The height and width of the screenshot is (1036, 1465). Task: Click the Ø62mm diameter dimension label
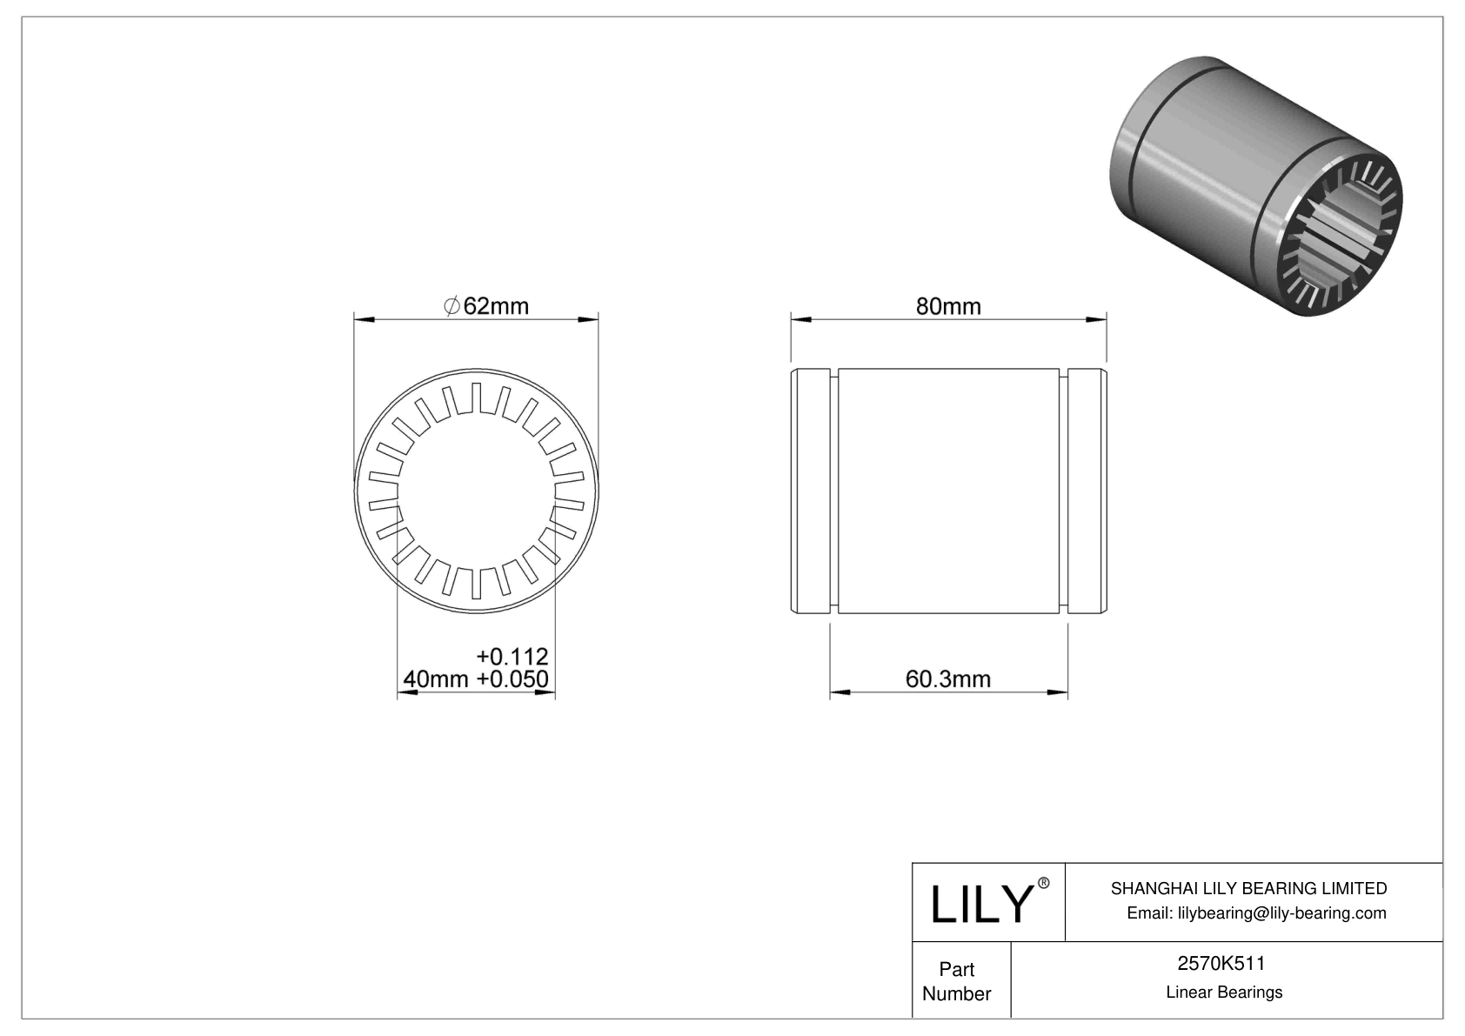click(x=486, y=306)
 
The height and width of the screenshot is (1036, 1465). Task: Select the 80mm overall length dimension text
click(x=947, y=306)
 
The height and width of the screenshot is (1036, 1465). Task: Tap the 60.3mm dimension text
click(x=947, y=678)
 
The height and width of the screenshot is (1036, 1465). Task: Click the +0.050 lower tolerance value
click(x=512, y=679)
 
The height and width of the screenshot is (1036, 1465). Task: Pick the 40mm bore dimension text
click(x=437, y=679)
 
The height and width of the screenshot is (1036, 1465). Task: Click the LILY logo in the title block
click(x=980, y=904)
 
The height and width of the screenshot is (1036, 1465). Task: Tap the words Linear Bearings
click(x=1224, y=993)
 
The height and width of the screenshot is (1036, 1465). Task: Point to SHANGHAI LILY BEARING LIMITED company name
click(x=1248, y=888)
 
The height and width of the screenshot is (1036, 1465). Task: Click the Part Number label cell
click(x=957, y=981)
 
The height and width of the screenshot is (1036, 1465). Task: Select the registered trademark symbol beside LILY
click(x=1044, y=883)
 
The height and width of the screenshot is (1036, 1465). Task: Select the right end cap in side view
click(x=1086, y=492)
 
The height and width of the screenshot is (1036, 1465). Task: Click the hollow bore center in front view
click(x=477, y=493)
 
